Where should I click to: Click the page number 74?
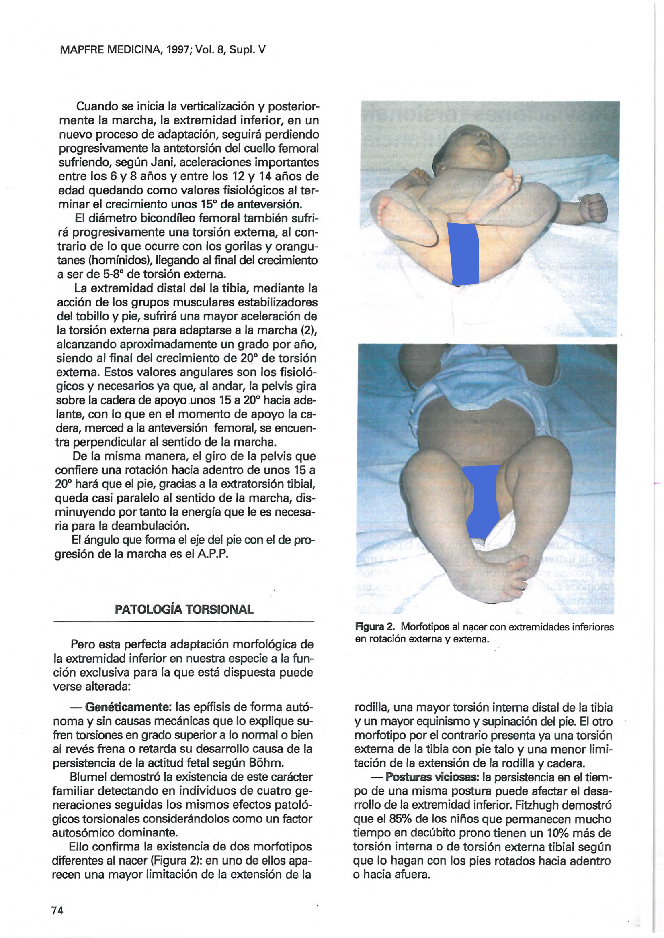[57, 910]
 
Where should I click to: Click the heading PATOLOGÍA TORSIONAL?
[184, 610]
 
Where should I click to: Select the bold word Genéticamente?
[127, 707]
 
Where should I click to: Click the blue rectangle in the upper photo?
[464, 254]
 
